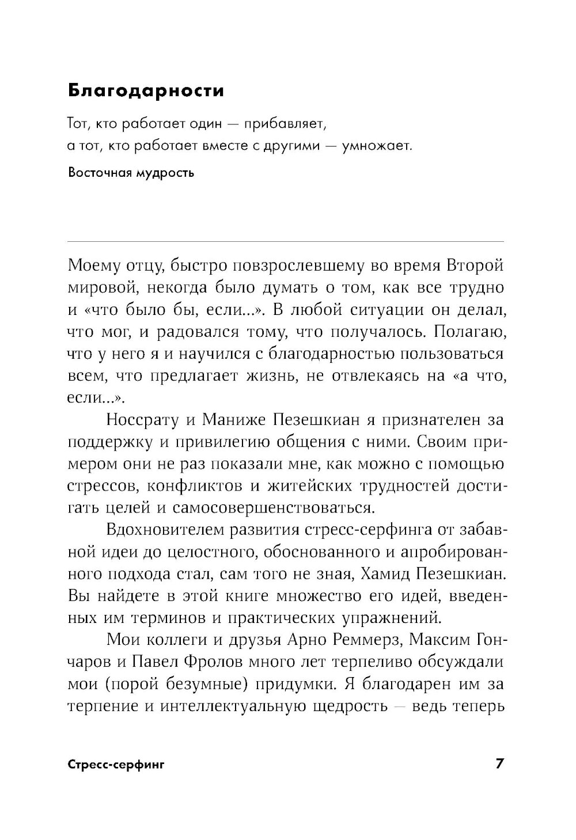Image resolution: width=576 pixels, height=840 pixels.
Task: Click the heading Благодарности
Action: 146,90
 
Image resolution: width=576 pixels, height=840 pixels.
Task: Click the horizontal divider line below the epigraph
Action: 286,241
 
